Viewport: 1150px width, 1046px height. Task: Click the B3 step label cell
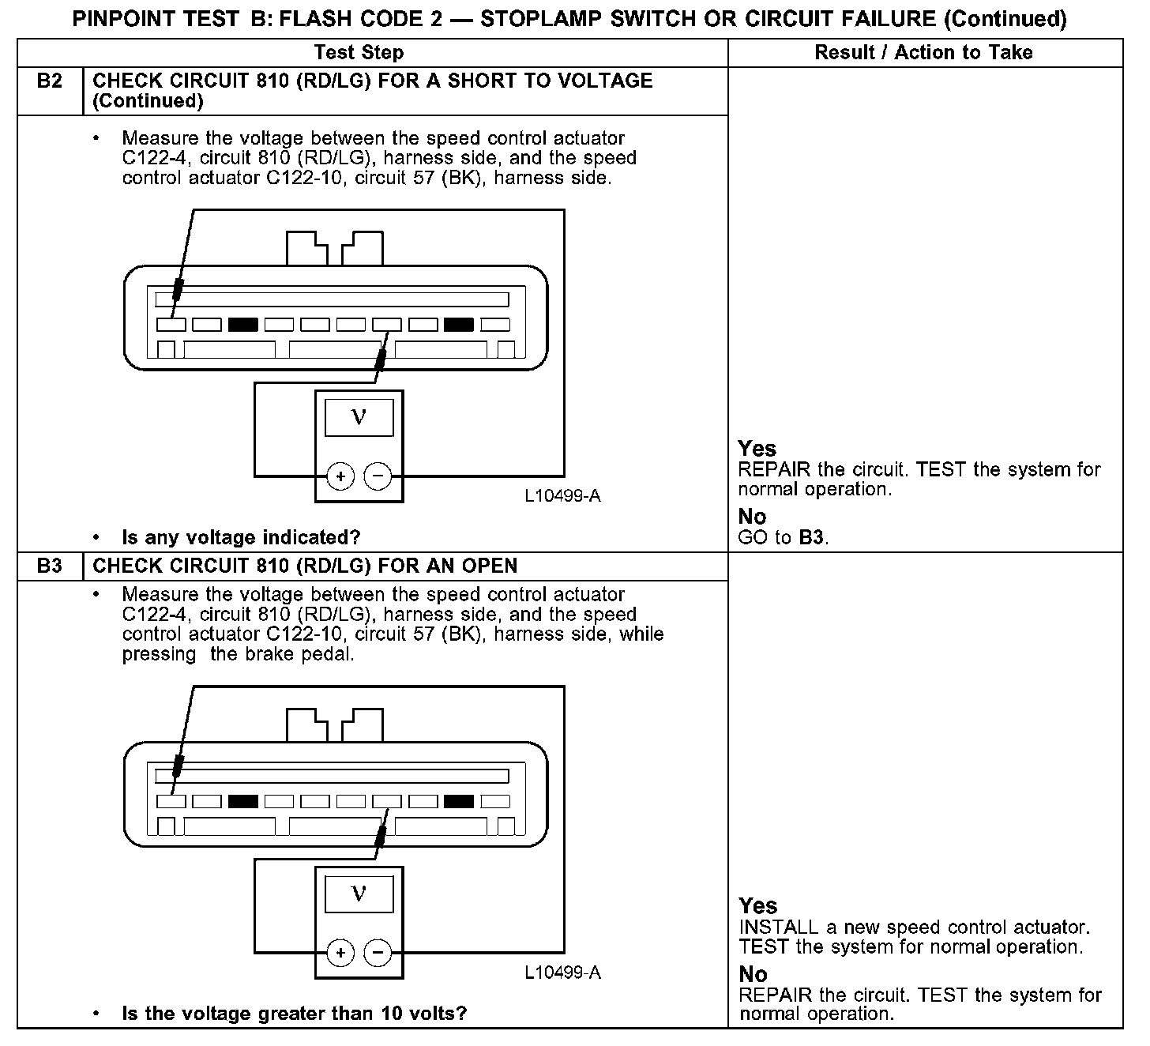tap(49, 566)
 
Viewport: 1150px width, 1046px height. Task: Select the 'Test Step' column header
tap(359, 52)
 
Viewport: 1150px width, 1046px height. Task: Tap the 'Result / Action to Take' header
tap(923, 52)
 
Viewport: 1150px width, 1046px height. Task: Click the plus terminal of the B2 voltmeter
tap(340, 476)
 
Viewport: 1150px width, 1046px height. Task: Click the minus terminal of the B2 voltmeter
tap(378, 476)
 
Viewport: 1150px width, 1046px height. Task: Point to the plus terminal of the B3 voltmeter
tap(340, 953)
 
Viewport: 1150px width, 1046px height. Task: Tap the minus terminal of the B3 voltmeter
tap(378, 953)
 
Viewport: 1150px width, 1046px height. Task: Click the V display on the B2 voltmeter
tap(359, 417)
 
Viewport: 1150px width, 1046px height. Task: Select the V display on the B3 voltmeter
tap(359, 894)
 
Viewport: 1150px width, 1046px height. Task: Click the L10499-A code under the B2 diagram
tap(562, 496)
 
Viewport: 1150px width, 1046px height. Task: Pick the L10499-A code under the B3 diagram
tap(562, 973)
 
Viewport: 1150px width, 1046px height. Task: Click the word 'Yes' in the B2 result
tap(757, 449)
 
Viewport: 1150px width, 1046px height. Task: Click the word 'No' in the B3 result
tap(753, 974)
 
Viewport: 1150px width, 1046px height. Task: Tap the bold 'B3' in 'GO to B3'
tap(811, 538)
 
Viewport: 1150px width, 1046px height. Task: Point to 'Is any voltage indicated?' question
tap(241, 538)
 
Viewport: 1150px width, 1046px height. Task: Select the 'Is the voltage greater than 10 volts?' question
tap(295, 1014)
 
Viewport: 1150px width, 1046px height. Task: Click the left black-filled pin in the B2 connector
tap(243, 325)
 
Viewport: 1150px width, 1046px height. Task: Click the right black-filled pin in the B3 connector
tap(459, 801)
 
